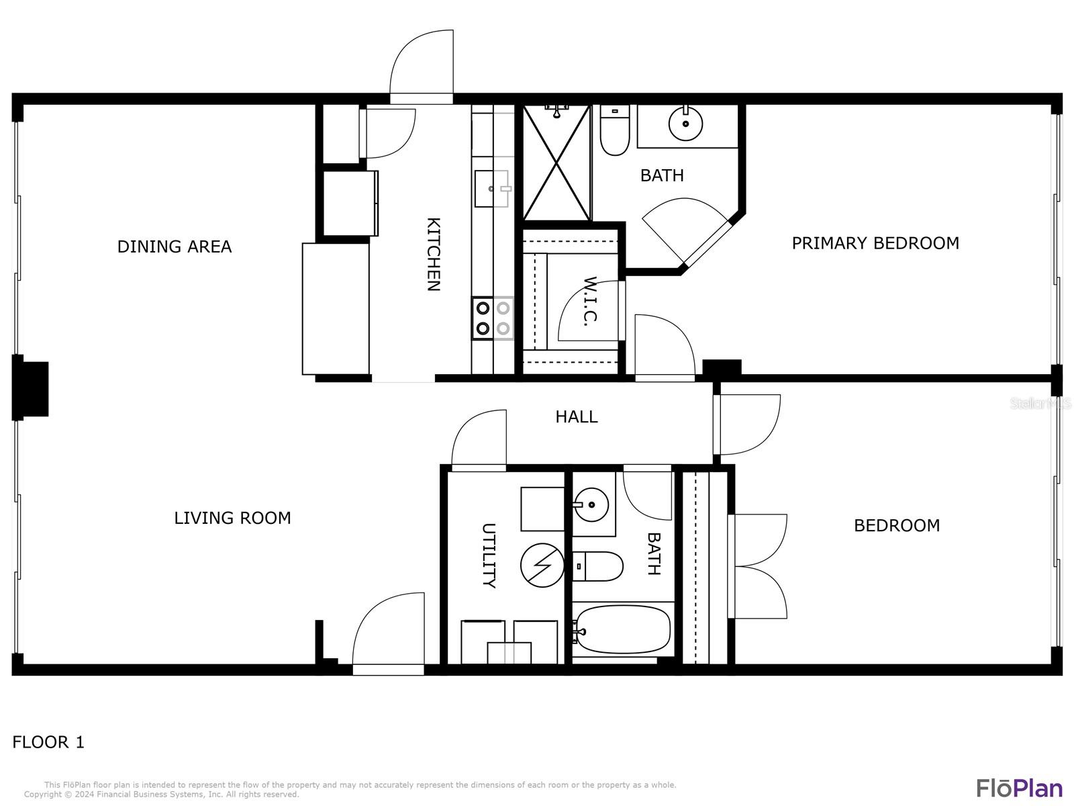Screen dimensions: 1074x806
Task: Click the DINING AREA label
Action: (x=174, y=246)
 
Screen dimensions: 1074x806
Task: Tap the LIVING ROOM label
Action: (x=232, y=518)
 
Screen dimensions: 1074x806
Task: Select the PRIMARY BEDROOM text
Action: (x=875, y=243)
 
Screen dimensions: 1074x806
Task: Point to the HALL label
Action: (x=577, y=416)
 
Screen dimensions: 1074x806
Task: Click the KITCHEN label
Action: (x=434, y=255)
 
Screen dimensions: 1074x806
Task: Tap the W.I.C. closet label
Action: (x=591, y=301)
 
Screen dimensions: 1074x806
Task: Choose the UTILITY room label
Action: (x=489, y=555)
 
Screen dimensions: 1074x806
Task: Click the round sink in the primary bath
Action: (x=685, y=124)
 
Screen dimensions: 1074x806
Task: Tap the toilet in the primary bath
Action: (x=615, y=130)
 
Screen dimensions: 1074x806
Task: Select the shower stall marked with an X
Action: (x=557, y=163)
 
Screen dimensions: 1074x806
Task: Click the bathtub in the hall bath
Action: (x=622, y=629)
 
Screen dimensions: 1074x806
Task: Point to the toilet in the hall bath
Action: (x=597, y=566)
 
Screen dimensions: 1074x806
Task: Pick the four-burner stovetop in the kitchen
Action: (x=493, y=318)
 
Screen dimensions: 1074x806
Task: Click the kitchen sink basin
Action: (x=492, y=189)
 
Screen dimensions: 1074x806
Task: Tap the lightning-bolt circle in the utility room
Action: (x=542, y=566)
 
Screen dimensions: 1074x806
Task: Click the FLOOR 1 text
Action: (x=48, y=742)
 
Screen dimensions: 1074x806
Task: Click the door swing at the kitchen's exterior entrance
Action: (x=422, y=66)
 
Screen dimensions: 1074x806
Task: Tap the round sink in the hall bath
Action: (x=591, y=504)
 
